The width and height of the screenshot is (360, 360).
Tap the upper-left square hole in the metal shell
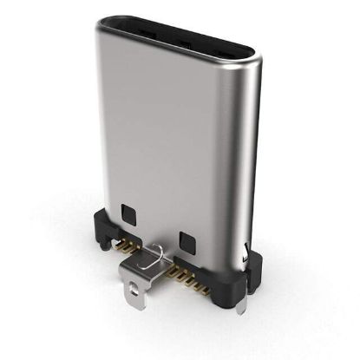tap(130, 211)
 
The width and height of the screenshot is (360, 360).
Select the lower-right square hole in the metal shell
tap(186, 238)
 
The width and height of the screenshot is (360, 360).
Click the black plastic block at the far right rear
tap(253, 260)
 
